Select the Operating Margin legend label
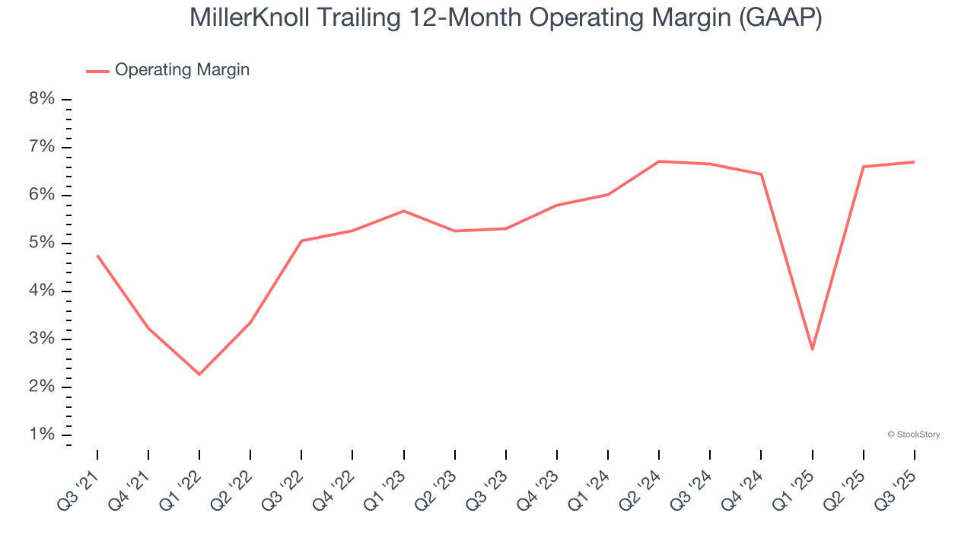pyautogui.click(x=182, y=70)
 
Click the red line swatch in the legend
pyautogui.click(x=97, y=71)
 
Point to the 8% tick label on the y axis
pyautogui.click(x=42, y=99)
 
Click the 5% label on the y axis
pyautogui.click(x=42, y=243)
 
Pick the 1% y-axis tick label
pyautogui.click(x=42, y=435)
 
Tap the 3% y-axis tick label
pyautogui.click(x=42, y=339)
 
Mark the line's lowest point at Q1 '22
pyautogui.click(x=199, y=374)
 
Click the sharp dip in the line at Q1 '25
pyautogui.click(x=813, y=349)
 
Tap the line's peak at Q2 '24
pyautogui.click(x=659, y=161)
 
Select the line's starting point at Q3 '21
pyautogui.click(x=97, y=255)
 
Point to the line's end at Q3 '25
pyautogui.click(x=914, y=162)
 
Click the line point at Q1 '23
pyautogui.click(x=403, y=211)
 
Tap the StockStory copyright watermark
pyautogui.click(x=913, y=435)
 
